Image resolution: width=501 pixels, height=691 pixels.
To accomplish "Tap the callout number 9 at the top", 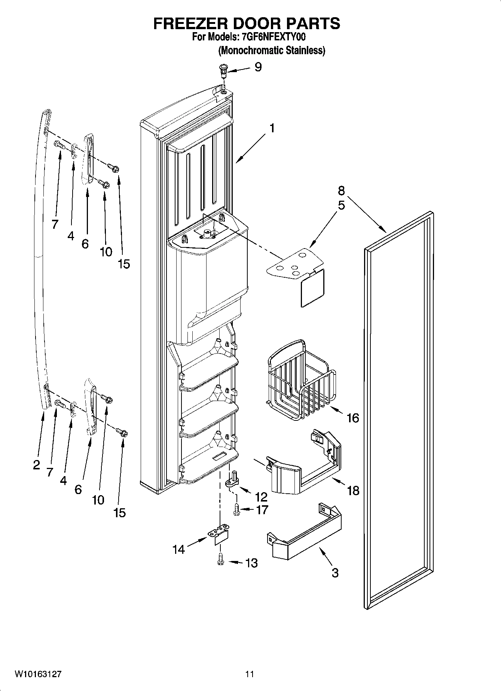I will pos(258,67).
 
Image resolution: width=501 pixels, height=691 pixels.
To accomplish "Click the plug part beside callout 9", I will pos(223,70).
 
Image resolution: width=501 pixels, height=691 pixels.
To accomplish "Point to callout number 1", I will pos(272,128).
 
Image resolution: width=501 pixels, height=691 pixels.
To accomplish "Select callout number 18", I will pos(353,490).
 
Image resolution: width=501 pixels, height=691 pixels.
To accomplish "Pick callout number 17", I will pos(262,510).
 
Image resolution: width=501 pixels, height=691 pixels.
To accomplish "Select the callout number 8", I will pos(341,191).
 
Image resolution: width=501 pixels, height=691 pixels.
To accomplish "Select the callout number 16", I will pos(353,418).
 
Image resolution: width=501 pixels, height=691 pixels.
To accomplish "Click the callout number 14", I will pos(179,549).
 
